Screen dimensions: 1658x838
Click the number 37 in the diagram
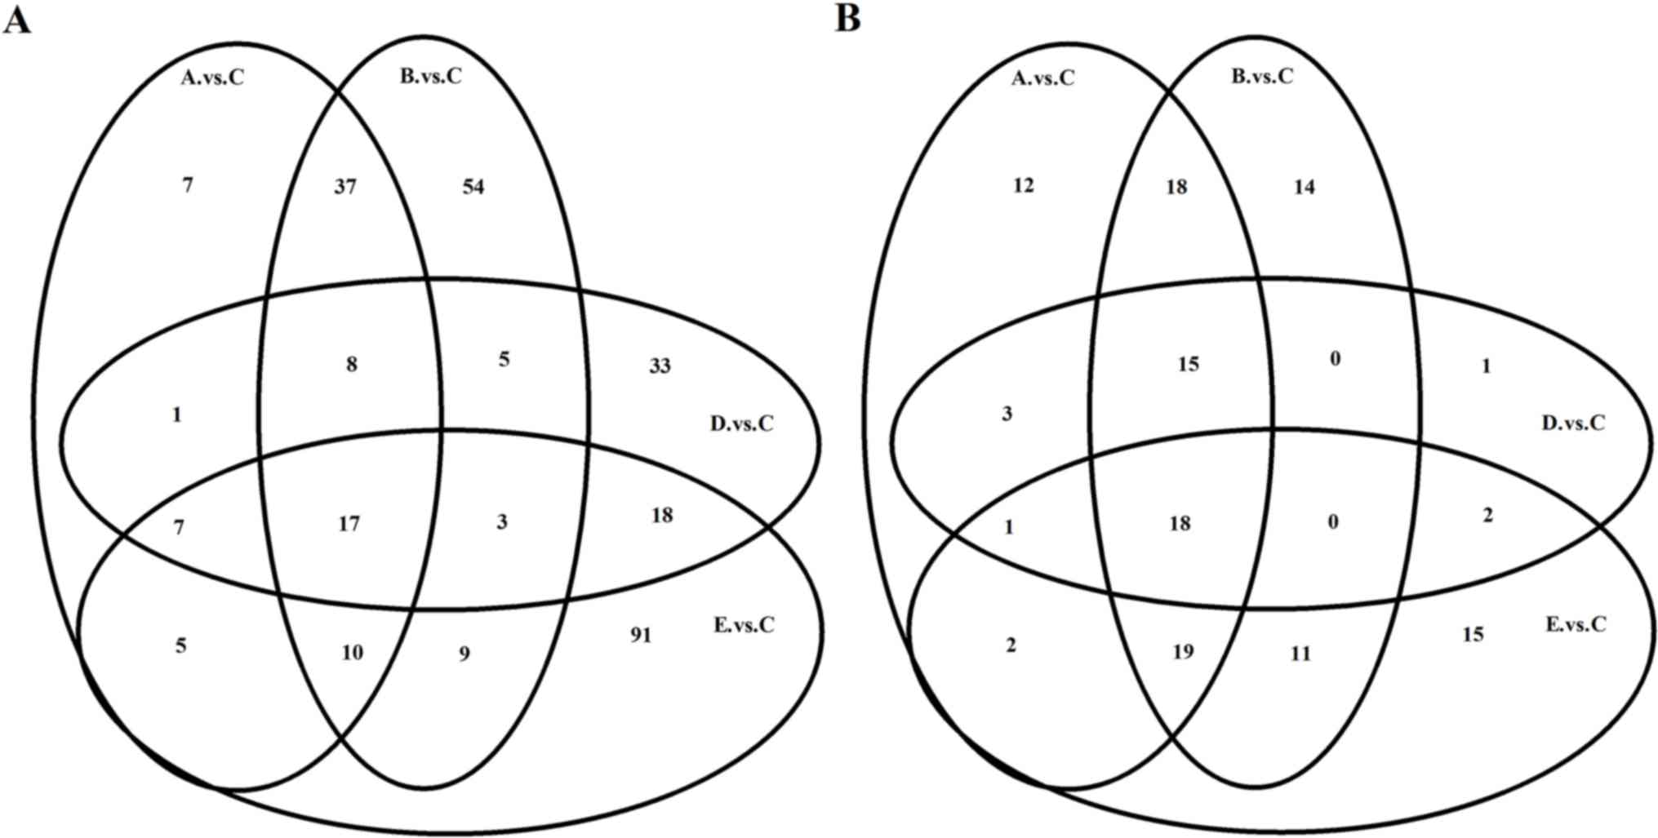pyautogui.click(x=345, y=187)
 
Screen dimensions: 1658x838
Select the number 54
pyautogui.click(x=473, y=187)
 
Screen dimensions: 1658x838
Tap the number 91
pyautogui.click(x=641, y=634)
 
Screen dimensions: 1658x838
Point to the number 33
pyautogui.click(x=660, y=366)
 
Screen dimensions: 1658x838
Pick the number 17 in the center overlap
pyautogui.click(x=349, y=523)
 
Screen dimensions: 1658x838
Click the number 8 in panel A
pyautogui.click(x=351, y=364)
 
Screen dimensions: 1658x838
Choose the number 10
pyautogui.click(x=352, y=653)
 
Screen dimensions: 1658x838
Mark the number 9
pyautogui.click(x=464, y=654)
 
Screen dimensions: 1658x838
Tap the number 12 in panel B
pyautogui.click(x=1023, y=186)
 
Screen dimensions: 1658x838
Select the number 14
pyautogui.click(x=1304, y=187)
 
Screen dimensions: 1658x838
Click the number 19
pyautogui.click(x=1182, y=651)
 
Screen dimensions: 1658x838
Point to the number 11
pyautogui.click(x=1300, y=653)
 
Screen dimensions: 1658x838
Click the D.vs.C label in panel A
pyautogui.click(x=741, y=423)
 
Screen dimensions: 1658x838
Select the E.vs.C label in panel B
pyautogui.click(x=1576, y=624)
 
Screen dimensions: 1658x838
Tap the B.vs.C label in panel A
pyautogui.click(x=430, y=77)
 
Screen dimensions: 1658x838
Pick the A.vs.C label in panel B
pyautogui.click(x=1043, y=78)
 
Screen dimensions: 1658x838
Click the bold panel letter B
pyautogui.click(x=847, y=18)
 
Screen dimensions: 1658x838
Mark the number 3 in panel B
pyautogui.click(x=1007, y=414)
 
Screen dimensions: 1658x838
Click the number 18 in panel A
pyautogui.click(x=662, y=515)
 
